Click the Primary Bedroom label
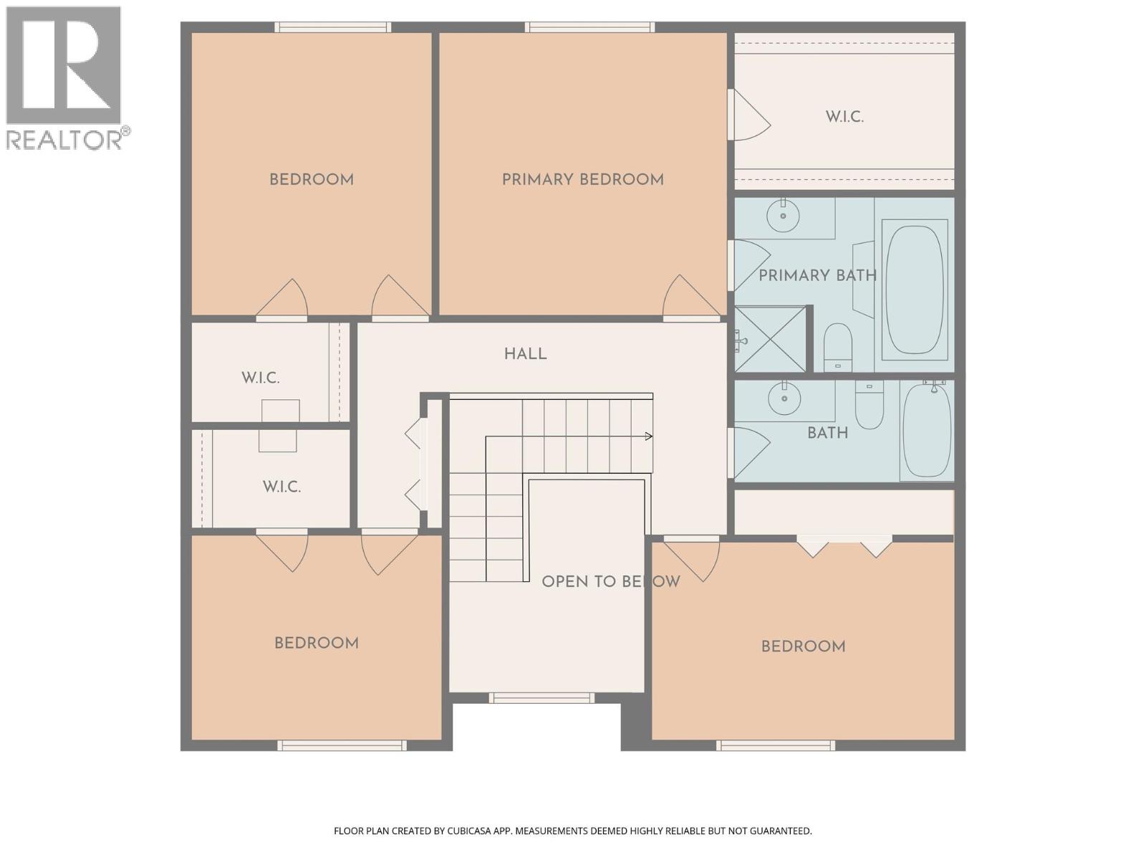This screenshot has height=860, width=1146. tap(582, 180)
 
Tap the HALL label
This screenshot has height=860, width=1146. tap(525, 354)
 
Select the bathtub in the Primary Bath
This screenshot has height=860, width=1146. tap(914, 290)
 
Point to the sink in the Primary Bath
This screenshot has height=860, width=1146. tap(783, 216)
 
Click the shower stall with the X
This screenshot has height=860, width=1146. tap(770, 339)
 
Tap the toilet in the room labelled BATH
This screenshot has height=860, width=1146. tap(869, 405)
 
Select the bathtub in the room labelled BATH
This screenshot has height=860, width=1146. tap(927, 430)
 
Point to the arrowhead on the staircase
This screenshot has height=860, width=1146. tap(649, 436)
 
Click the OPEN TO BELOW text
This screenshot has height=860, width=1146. tap(610, 582)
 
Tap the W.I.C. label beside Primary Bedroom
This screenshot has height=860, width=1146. tap(844, 117)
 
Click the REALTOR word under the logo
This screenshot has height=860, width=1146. tap(64, 140)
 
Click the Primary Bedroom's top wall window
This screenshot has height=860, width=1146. tap(589, 27)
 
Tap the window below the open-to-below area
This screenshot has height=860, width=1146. tap(541, 697)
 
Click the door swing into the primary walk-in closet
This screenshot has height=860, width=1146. tap(748, 115)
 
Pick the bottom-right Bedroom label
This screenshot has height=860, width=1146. tap(803, 647)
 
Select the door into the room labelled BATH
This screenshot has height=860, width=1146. tap(748, 451)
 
